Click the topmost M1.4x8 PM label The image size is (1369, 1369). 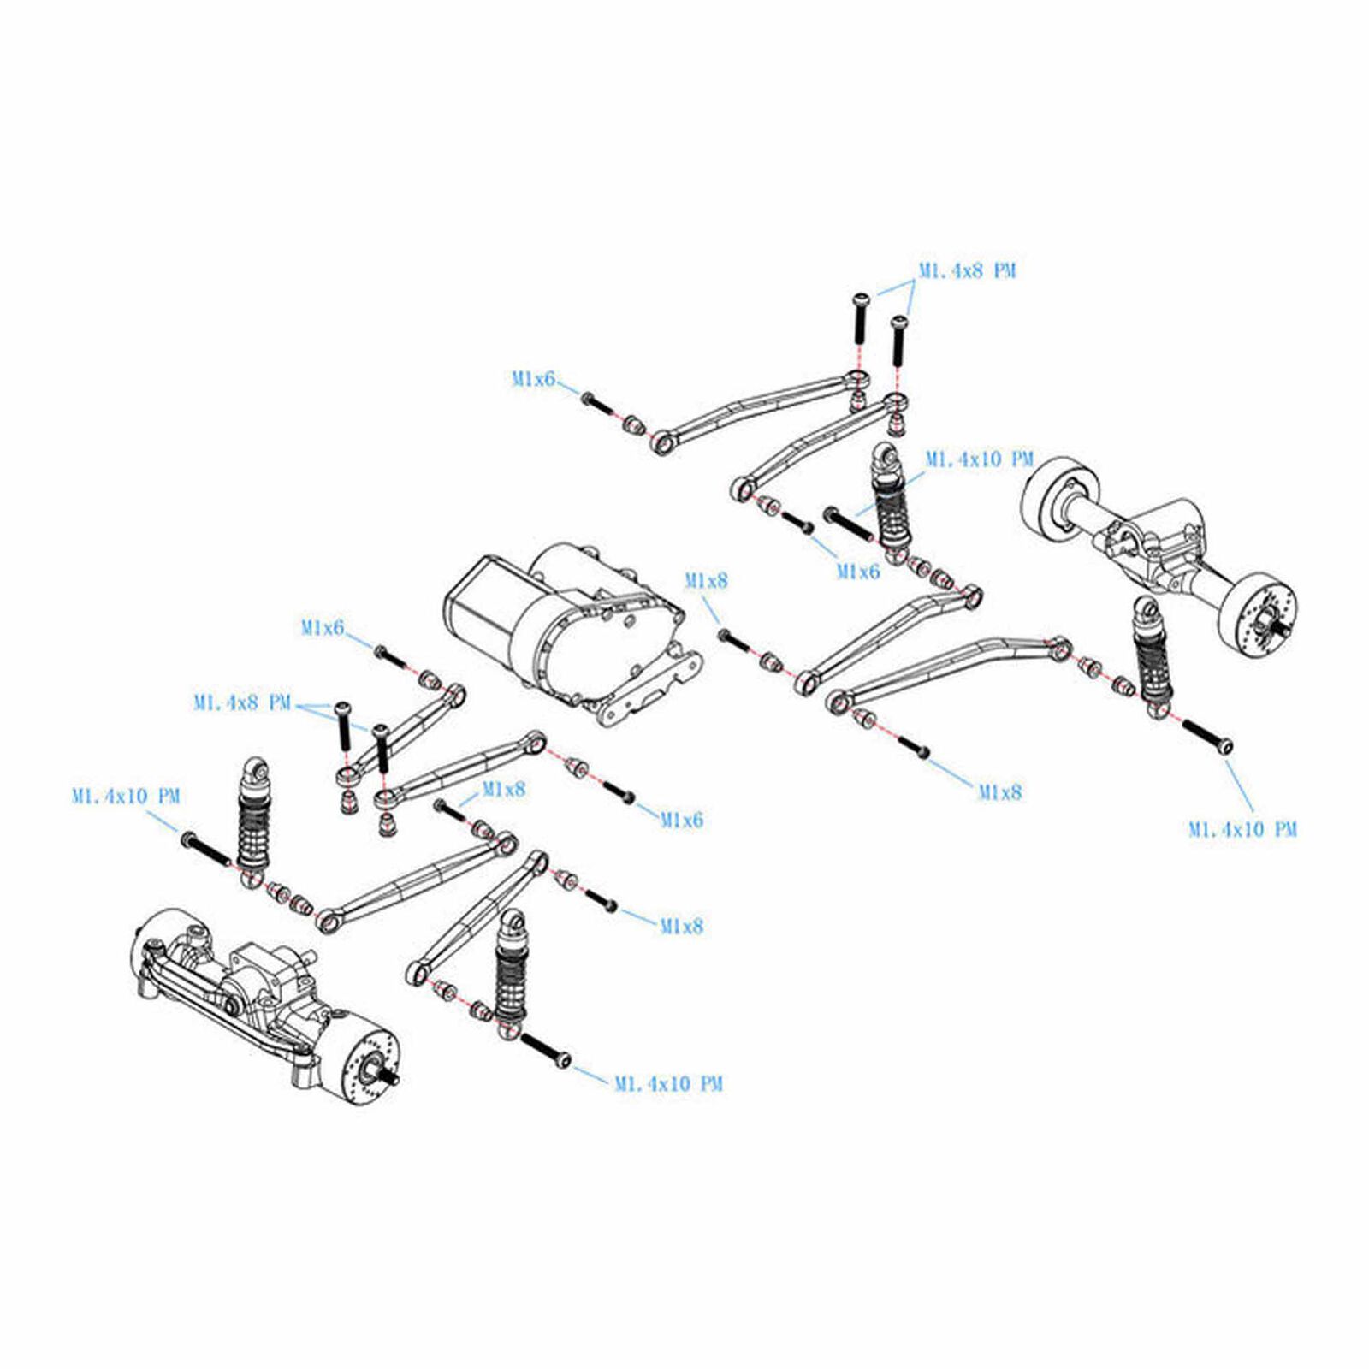click(x=967, y=270)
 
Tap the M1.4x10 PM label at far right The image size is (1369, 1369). click(x=1242, y=829)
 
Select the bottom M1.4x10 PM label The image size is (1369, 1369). click(x=668, y=1083)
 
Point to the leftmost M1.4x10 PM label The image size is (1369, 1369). click(x=126, y=796)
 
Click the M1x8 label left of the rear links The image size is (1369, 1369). click(x=706, y=580)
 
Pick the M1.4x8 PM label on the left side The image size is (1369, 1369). click(x=242, y=703)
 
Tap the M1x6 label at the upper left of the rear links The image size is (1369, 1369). click(x=533, y=378)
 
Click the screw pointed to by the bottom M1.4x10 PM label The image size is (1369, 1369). click(x=544, y=1050)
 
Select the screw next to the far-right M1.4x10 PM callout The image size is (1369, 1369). click(x=1206, y=736)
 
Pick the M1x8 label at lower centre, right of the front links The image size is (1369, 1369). click(x=681, y=926)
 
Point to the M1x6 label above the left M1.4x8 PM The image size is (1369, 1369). click(x=322, y=628)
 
